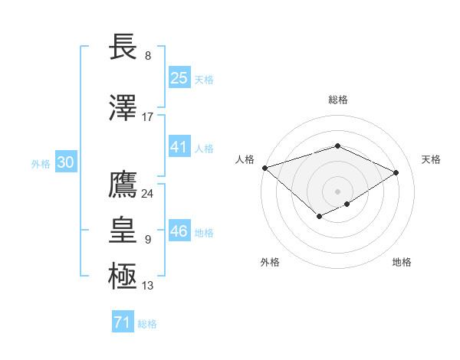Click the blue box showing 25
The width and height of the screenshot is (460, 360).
coord(179,78)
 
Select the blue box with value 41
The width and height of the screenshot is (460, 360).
coord(179,147)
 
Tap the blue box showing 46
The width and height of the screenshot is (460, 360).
coord(179,231)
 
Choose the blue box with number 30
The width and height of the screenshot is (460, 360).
coord(65,162)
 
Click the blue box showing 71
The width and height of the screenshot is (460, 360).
coord(122,322)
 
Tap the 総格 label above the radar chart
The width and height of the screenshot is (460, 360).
coord(337,100)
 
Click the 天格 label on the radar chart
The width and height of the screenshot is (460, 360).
coord(431,159)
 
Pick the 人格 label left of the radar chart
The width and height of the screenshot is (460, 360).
coord(245,159)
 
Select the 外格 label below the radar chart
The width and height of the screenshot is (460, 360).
coord(270,262)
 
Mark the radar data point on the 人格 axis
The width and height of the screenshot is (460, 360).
coord(264,167)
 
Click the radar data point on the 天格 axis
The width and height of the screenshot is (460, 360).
coord(396,172)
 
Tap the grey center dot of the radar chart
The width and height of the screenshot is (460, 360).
coord(337,191)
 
